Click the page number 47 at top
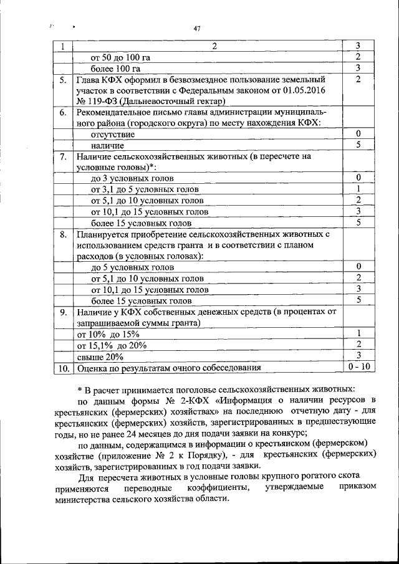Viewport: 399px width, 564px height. point(197,29)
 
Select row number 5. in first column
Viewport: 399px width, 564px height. point(63,80)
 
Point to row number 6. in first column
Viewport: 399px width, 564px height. point(63,113)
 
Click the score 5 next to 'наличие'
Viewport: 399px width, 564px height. point(358,145)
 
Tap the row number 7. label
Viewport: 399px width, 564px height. point(63,157)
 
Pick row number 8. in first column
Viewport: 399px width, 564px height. point(63,235)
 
